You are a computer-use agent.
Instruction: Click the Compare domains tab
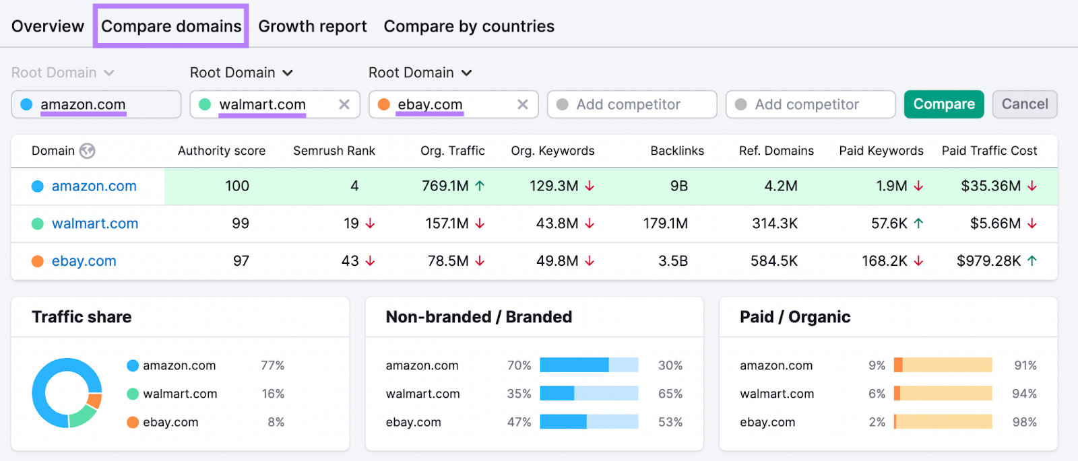click(x=171, y=26)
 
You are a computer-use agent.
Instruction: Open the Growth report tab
click(x=313, y=26)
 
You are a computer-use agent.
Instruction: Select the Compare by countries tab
click(x=469, y=26)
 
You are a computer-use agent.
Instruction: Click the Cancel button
click(x=1025, y=104)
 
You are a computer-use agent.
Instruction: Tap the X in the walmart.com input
click(x=344, y=104)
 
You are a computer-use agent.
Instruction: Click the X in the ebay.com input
click(x=523, y=104)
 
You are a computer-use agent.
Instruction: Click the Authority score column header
click(x=222, y=151)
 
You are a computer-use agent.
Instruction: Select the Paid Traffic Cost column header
click(x=989, y=151)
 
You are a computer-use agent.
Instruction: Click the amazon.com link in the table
click(x=94, y=186)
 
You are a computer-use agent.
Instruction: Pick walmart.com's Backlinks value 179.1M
click(x=666, y=223)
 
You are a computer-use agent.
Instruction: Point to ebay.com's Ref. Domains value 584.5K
click(x=774, y=260)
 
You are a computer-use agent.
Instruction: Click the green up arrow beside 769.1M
click(x=480, y=186)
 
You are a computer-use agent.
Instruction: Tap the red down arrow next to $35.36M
click(x=1032, y=186)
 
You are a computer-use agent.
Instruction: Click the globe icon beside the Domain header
click(x=87, y=151)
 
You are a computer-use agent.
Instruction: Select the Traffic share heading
click(x=82, y=317)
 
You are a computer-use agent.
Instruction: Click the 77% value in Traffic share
click(x=272, y=365)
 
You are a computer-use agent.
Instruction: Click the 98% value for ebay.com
click(x=1025, y=422)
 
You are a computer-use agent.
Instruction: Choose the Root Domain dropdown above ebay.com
click(x=420, y=73)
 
